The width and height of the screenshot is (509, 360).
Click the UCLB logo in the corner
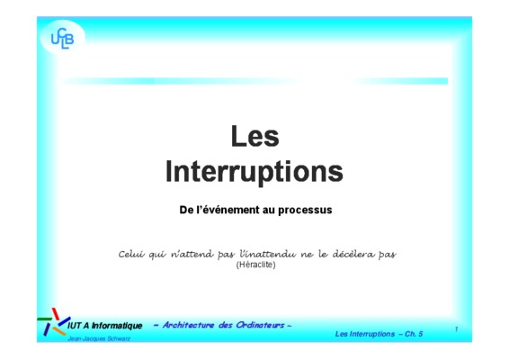62,39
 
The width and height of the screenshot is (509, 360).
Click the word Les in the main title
255,136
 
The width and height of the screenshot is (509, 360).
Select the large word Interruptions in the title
254,172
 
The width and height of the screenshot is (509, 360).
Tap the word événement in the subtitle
231,210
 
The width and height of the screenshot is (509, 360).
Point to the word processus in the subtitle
305,211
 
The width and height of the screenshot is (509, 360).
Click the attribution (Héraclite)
255,265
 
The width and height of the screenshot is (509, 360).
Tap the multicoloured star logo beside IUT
54,322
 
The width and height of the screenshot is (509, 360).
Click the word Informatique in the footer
117,326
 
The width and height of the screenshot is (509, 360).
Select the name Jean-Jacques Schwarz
99,339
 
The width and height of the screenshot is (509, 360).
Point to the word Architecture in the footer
188,325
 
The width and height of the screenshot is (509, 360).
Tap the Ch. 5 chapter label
414,334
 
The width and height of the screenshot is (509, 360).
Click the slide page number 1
456,329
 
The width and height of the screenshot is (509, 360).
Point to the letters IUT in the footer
74,326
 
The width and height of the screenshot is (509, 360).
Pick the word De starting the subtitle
186,210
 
